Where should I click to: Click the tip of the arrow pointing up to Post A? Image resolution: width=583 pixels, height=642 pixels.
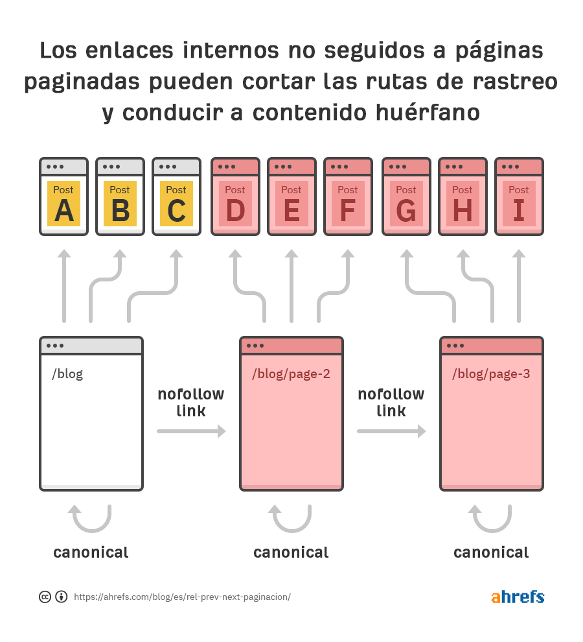click(64, 250)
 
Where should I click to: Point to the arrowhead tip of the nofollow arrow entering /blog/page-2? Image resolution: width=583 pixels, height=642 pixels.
click(226, 431)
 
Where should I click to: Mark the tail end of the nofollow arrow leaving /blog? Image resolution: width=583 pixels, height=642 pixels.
click(157, 431)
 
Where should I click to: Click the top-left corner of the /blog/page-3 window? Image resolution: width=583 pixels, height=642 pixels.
click(440, 337)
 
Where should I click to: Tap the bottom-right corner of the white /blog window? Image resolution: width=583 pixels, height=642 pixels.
click(143, 490)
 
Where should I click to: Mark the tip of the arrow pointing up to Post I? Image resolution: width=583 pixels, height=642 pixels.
click(519, 250)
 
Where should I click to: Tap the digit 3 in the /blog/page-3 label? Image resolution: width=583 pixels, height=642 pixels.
click(526, 374)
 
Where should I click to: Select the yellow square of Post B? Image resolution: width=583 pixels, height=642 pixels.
click(120, 204)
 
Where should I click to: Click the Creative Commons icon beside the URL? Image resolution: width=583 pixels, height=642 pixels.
click(45, 597)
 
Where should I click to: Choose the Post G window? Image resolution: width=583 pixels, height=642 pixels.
click(406, 196)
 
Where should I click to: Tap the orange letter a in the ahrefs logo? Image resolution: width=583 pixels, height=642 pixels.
click(496, 597)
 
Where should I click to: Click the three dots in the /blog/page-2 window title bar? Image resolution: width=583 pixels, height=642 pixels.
click(255, 346)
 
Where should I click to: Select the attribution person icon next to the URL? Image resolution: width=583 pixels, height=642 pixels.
click(62, 597)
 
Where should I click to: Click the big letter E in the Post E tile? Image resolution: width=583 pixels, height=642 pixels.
click(291, 211)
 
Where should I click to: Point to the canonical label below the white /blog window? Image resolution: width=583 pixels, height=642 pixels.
click(91, 553)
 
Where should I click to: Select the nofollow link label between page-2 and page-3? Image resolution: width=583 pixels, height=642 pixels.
click(391, 402)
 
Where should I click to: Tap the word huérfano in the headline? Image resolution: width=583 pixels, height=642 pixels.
click(428, 113)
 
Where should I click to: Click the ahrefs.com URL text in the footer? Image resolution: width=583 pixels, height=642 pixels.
click(183, 597)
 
